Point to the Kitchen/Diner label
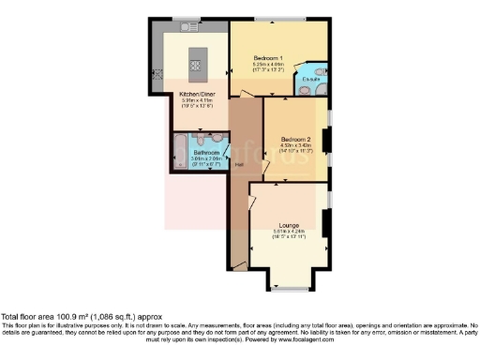pos(199,94)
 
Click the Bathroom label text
pos(206,152)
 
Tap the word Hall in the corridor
pos(240,166)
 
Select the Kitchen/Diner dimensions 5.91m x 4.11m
pos(199,100)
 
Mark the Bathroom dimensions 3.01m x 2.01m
pos(206,158)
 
